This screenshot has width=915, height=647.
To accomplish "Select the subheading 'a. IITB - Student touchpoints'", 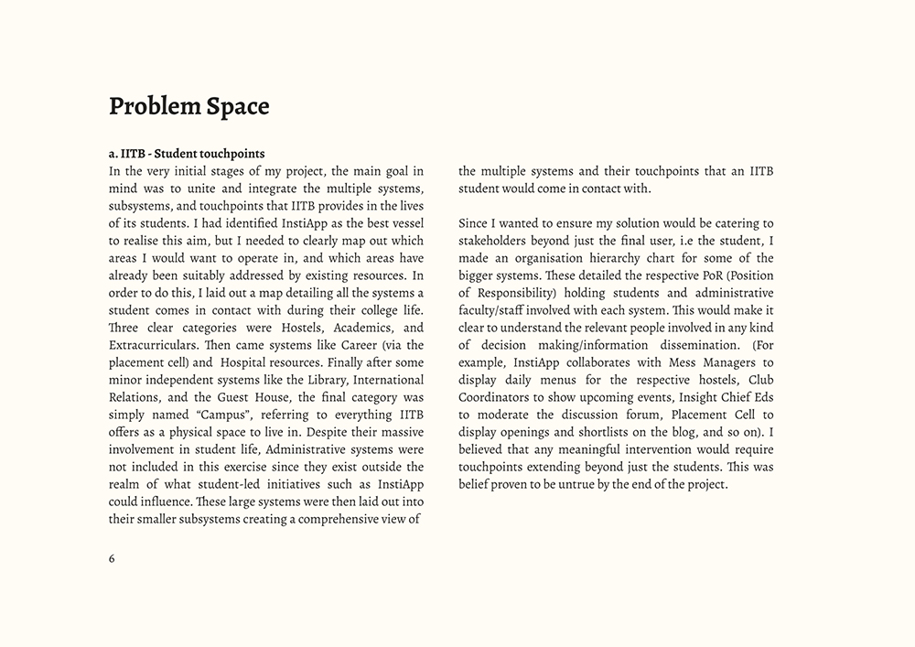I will (x=187, y=153).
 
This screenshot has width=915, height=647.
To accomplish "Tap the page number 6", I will (x=112, y=559).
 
